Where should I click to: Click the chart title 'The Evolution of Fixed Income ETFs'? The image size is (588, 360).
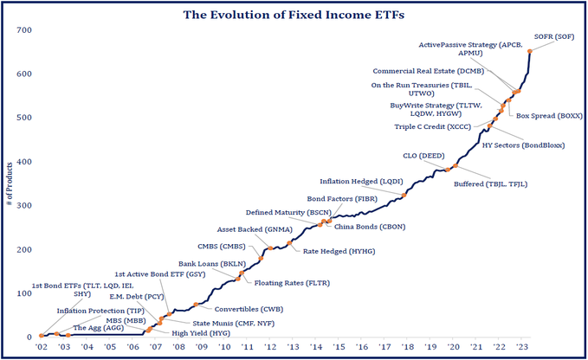[294, 14]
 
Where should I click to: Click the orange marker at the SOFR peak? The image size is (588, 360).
[529, 51]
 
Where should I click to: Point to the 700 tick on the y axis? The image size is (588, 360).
[24, 30]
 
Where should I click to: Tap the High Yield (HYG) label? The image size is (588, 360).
[201, 333]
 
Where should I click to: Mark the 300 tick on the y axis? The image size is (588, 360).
[24, 206]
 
